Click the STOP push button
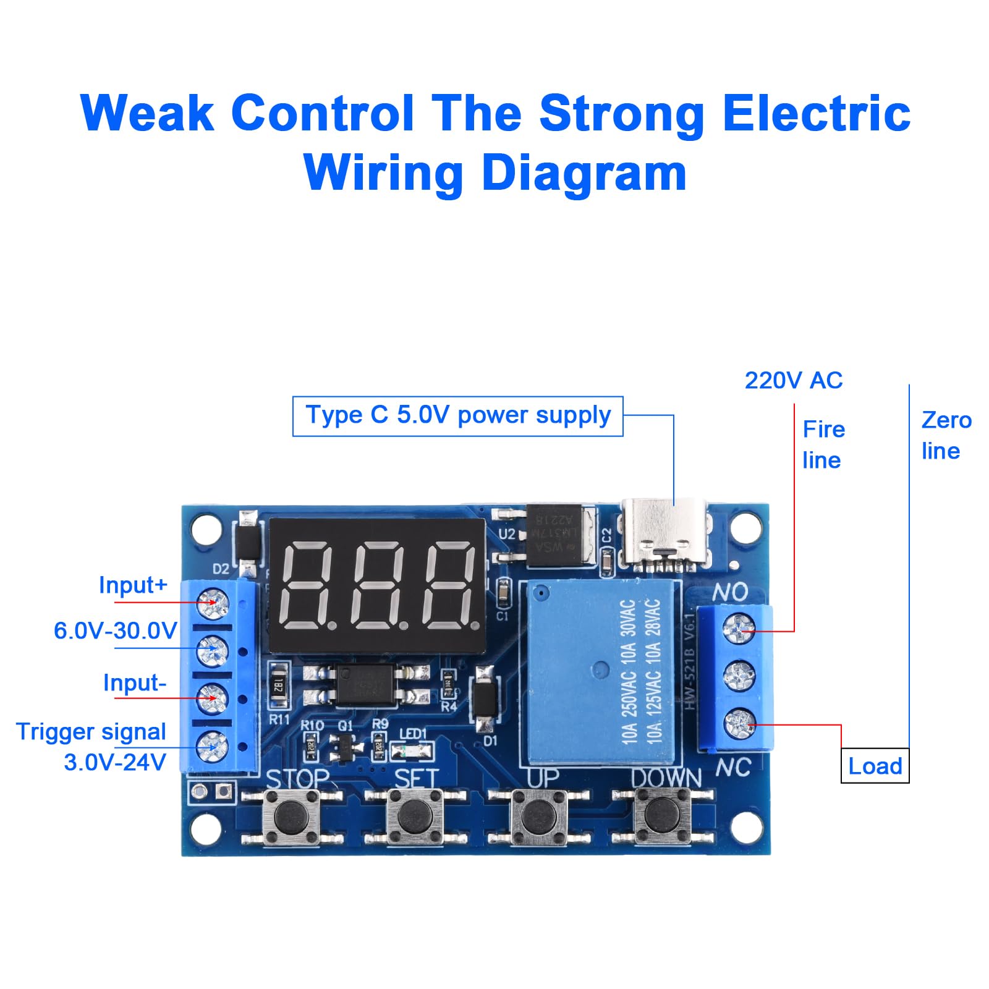pyautogui.click(x=291, y=817)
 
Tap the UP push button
pyautogui.click(x=539, y=817)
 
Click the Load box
pyautogui.click(x=875, y=766)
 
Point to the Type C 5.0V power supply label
pyautogui.click(x=457, y=415)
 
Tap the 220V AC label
pyautogui.click(x=793, y=381)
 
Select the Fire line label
pyautogui.click(x=823, y=444)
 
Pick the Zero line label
pyautogui.click(x=945, y=435)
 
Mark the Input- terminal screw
pyautogui.click(x=213, y=698)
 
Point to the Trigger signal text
pyautogui.click(x=91, y=732)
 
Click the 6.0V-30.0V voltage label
pyautogui.click(x=116, y=630)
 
